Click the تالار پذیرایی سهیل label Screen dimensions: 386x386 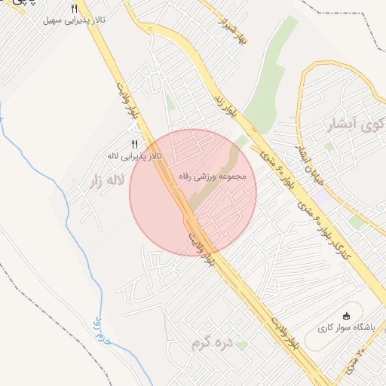[73, 20]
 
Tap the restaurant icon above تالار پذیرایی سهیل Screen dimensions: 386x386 [74, 9]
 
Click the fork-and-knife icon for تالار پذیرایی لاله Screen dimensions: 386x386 [134, 144]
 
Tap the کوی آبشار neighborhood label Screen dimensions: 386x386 [354, 125]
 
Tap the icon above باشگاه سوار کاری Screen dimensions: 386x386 [347, 315]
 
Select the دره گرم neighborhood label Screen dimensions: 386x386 [210, 345]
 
